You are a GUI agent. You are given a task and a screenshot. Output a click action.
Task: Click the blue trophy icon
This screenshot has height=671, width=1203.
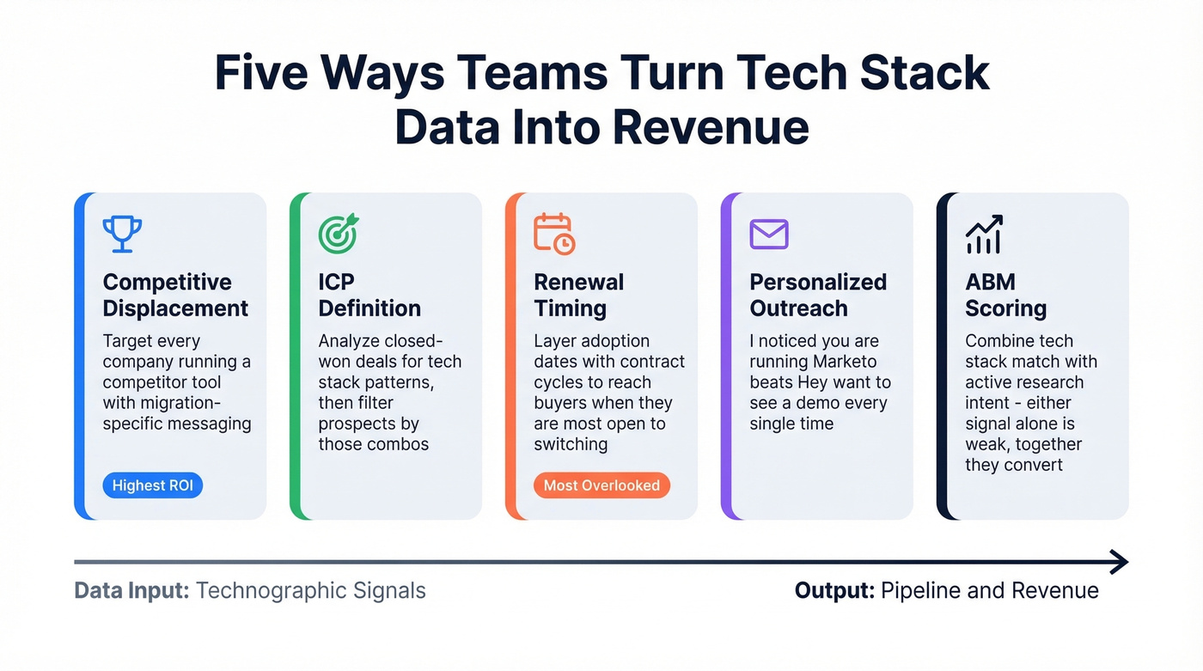[122, 233]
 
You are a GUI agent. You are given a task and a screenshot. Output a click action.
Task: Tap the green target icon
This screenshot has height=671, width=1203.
[338, 233]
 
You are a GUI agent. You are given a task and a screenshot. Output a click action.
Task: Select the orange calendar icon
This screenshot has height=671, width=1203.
[554, 233]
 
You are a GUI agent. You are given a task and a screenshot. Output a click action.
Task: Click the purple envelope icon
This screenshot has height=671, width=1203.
[769, 234]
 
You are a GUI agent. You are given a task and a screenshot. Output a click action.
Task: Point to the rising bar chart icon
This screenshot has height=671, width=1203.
[985, 234]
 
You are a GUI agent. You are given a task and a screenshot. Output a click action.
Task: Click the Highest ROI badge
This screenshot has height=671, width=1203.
[153, 485]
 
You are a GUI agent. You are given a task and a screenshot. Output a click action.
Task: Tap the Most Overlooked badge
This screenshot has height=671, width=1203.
[601, 485]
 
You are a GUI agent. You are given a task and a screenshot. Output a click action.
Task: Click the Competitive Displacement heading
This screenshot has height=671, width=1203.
[175, 295]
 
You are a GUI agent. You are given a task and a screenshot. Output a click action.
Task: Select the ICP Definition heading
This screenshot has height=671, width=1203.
[369, 295]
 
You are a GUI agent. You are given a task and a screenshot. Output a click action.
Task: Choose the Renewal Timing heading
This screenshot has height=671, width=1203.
[578, 295]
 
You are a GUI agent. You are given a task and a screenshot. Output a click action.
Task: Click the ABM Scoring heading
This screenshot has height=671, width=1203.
[1005, 295]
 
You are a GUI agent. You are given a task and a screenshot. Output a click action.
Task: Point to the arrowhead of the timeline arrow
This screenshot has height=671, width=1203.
[1119, 562]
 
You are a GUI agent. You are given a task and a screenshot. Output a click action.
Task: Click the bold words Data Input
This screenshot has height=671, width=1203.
[131, 591]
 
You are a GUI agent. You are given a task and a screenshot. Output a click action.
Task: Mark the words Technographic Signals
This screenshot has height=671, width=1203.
[311, 591]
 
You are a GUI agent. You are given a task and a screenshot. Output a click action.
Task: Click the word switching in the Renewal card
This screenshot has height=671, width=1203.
[571, 444]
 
